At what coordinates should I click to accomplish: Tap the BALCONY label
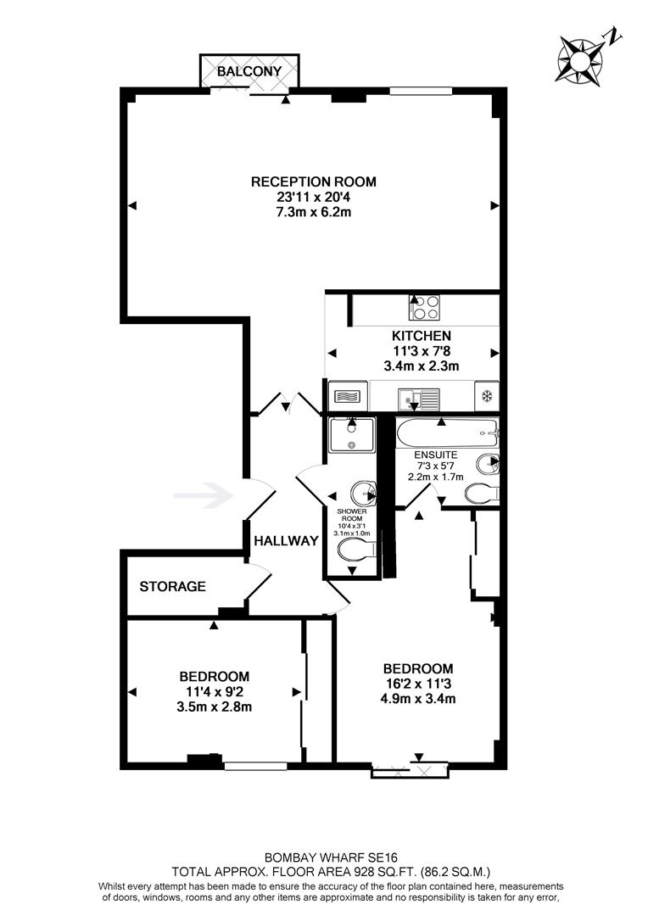pyautogui.click(x=249, y=72)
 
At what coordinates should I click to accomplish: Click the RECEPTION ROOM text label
pyautogui.click(x=313, y=182)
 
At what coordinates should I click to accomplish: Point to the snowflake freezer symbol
pyautogui.click(x=487, y=396)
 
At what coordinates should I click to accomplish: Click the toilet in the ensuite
pyautogui.click(x=484, y=493)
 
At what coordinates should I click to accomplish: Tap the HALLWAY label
pyautogui.click(x=286, y=541)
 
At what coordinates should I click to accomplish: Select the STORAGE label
pyautogui.click(x=172, y=586)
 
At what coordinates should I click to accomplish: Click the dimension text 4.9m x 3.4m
pyautogui.click(x=418, y=700)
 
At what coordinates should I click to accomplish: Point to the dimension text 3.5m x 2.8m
pyautogui.click(x=214, y=707)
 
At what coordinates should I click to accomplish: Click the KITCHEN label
pyautogui.click(x=416, y=336)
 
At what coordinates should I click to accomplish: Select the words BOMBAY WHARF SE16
pyautogui.click(x=325, y=857)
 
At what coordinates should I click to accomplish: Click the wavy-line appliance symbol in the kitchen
pyautogui.click(x=348, y=396)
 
